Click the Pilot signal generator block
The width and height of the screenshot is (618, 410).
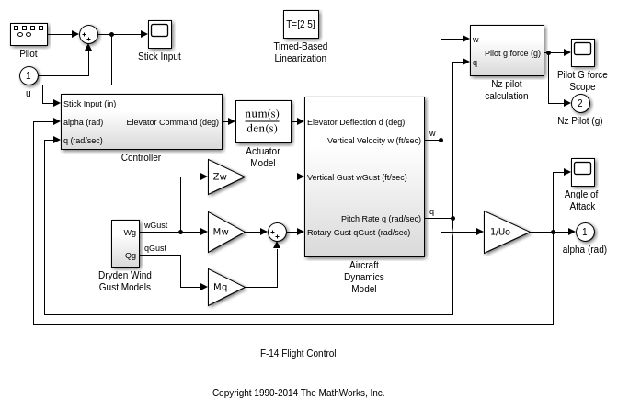29,34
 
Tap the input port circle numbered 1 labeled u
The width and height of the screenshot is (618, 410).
29,75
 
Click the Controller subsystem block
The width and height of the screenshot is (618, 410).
141,121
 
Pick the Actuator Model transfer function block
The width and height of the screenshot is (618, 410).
262,121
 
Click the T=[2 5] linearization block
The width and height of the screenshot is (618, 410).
301,25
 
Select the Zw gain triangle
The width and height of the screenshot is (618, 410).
223,177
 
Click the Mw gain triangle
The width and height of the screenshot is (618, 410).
223,232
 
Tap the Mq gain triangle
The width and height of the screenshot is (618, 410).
223,287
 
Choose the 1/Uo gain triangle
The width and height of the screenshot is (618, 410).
504,232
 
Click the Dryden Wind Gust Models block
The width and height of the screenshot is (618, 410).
125,244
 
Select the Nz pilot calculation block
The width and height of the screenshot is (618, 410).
506,51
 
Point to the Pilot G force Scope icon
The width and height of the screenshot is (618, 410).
582,52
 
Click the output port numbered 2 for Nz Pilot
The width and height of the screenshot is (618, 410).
580,103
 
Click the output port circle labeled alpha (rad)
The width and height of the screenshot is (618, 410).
585,232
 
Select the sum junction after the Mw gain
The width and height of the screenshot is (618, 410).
277,232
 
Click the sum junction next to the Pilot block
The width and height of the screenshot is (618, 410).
88,34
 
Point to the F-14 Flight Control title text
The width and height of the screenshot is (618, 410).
298,353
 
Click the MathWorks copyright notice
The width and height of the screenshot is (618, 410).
298,393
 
